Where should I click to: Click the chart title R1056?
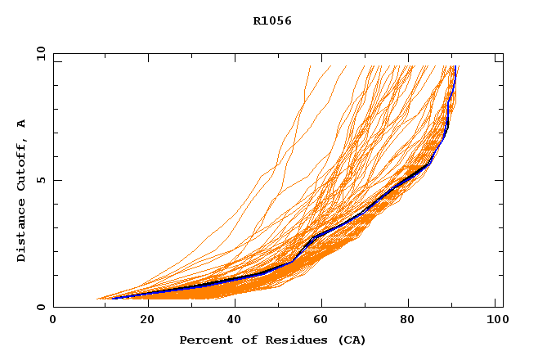tap(272, 20)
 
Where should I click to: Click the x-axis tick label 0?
tap(53, 321)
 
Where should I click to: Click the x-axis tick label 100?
tap(495, 321)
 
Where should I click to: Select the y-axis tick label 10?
tap(40, 54)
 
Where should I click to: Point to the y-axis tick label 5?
tap(40, 180)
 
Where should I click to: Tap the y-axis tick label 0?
tap(40, 307)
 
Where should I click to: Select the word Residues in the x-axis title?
tap(290, 340)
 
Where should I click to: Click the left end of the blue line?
tap(112, 298)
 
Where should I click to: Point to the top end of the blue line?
tap(455, 67)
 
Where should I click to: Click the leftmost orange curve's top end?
tap(311, 66)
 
